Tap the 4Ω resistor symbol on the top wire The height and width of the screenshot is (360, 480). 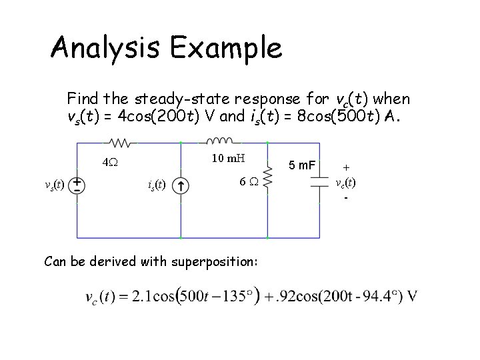(x=122, y=142)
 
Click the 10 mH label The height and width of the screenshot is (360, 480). (x=228, y=158)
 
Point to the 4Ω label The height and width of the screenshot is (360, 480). (x=111, y=161)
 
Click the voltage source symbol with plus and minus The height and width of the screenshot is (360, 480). (x=77, y=185)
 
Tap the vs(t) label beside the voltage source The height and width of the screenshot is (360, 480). (x=53, y=185)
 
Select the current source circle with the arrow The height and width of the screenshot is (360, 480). (x=181, y=185)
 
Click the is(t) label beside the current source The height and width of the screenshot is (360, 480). (x=157, y=185)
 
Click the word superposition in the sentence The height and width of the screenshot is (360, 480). (x=212, y=261)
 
